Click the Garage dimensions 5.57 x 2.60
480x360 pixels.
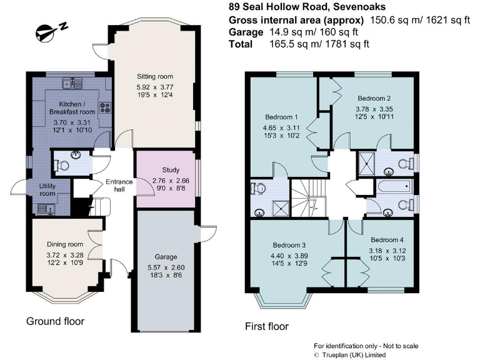coord(166,266)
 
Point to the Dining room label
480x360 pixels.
coord(65,244)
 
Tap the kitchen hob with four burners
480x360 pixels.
coord(104,107)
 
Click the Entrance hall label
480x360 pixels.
coord(119,186)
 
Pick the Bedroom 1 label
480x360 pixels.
coord(282,117)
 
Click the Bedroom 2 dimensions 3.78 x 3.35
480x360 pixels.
coord(374,108)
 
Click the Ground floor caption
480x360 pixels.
coord(55,321)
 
